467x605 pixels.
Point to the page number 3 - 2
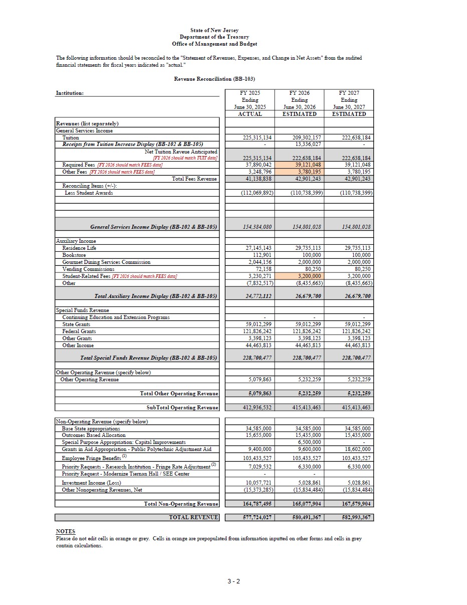(233, 581)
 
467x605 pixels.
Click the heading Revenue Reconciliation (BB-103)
(214, 79)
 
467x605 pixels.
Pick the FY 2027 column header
(349, 103)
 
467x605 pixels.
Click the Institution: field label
(70, 93)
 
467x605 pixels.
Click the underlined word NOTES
(66, 531)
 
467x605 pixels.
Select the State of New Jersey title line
(214, 31)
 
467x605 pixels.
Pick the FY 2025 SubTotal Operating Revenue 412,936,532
(257, 407)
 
